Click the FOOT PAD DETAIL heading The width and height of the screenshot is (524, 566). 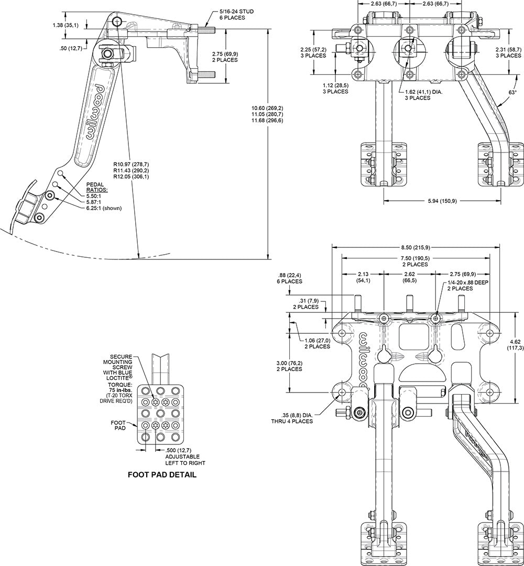point(162,476)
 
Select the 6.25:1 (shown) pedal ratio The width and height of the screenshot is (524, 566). point(104,208)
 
